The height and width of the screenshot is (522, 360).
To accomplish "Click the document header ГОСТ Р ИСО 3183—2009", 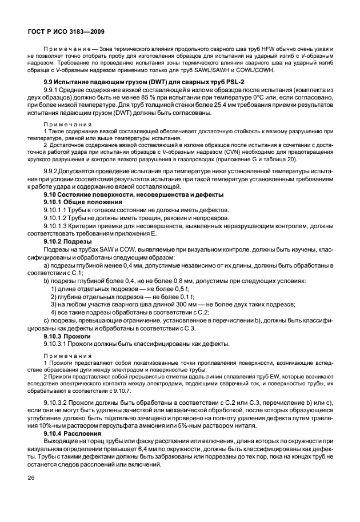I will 65,32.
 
